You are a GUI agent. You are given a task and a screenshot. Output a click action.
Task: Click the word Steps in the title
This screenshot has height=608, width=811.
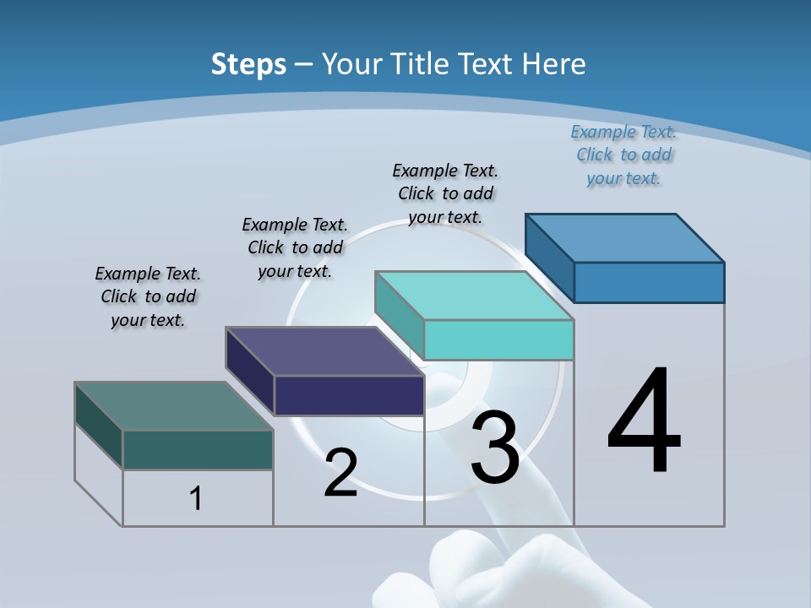point(248,64)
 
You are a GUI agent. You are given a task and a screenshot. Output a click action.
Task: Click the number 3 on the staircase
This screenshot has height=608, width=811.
point(494,447)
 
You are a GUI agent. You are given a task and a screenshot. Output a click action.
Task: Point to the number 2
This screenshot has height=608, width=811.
point(340,473)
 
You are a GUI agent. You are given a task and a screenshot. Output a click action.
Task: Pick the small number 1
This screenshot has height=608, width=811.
point(196,498)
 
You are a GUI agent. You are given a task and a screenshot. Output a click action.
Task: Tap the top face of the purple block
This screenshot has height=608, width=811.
point(324,351)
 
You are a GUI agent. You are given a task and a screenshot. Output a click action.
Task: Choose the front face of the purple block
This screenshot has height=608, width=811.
point(349,395)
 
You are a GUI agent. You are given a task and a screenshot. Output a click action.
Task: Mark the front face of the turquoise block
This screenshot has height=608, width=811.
point(498,339)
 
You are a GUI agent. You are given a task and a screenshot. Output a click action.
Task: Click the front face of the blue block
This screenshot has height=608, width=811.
point(649,282)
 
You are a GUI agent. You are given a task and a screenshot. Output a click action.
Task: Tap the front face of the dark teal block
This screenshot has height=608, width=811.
point(198,449)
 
